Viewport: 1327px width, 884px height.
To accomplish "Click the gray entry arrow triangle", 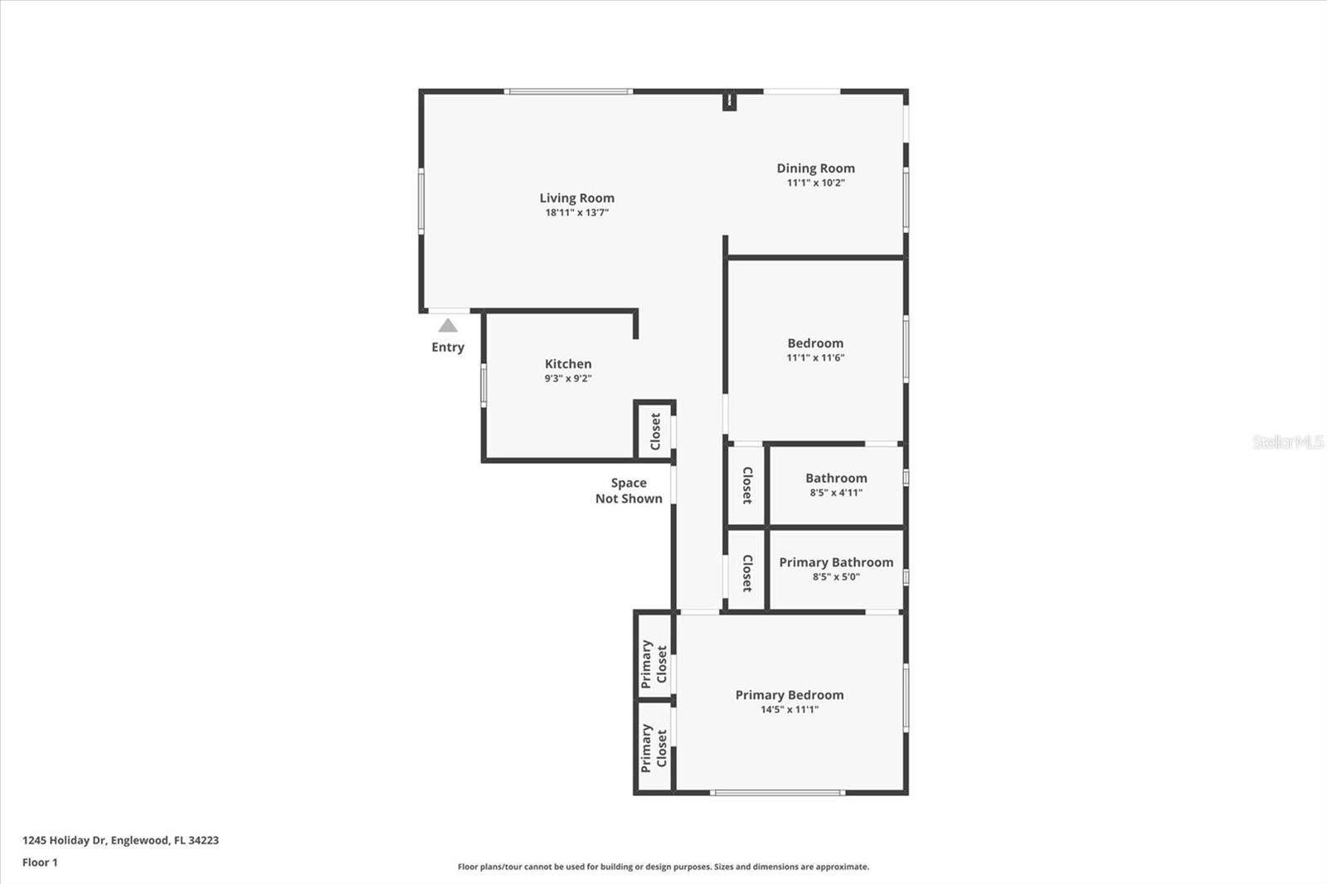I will [x=448, y=326].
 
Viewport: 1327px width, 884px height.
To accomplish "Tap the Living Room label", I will [x=576, y=198].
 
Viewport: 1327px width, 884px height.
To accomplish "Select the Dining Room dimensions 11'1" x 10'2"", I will [x=815, y=183].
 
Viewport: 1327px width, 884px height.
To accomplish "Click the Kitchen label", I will [x=568, y=364].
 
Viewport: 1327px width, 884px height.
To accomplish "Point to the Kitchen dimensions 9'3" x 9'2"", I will [x=568, y=379].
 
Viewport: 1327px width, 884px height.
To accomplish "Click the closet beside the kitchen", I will [x=655, y=431].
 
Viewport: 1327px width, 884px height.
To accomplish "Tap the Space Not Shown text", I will [x=629, y=491].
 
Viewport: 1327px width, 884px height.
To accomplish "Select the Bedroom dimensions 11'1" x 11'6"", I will [x=815, y=358].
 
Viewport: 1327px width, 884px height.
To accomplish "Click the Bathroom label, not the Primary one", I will [x=836, y=478].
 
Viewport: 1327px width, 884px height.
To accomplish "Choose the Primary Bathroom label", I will [x=836, y=562].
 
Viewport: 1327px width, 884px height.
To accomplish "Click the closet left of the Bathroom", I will [x=746, y=485].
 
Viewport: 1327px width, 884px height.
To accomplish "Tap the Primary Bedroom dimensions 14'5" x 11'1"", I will [x=790, y=710].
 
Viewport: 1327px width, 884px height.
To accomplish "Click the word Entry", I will [x=448, y=347].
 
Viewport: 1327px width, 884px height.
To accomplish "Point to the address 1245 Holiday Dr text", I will [x=120, y=840].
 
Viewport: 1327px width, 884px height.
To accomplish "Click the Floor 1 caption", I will [x=40, y=862].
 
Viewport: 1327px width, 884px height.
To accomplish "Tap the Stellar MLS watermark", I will [x=1287, y=442].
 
